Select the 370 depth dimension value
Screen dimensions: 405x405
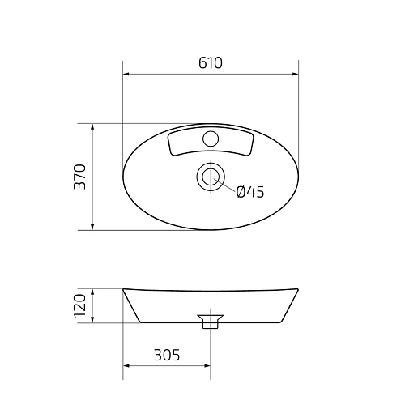[x=79, y=177]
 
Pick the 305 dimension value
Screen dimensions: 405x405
[x=165, y=355]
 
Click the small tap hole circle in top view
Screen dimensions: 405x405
[x=211, y=138]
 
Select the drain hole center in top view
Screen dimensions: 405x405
[x=211, y=176]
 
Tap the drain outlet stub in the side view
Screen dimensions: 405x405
[x=211, y=324]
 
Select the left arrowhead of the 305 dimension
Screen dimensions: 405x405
[x=126, y=365]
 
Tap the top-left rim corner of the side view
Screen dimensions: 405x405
[x=124, y=289]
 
